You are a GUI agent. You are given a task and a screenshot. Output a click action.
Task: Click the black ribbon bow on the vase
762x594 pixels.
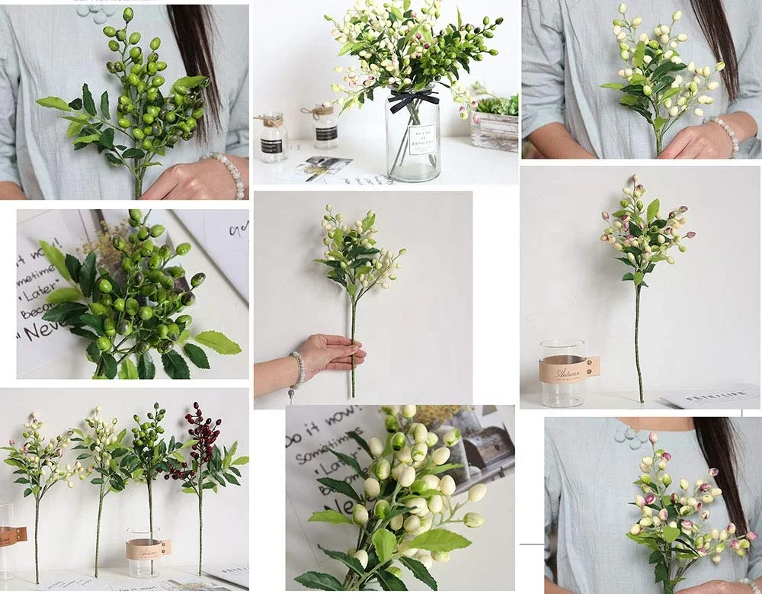click(414, 98)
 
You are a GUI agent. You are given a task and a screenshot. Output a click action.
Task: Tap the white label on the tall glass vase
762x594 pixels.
click(421, 140)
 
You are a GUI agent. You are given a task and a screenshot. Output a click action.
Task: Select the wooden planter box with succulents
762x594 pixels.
click(495, 130)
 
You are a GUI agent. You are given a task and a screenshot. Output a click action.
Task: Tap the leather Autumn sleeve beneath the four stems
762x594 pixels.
click(148, 549)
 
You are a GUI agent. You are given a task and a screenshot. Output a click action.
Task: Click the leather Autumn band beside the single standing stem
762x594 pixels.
click(568, 369)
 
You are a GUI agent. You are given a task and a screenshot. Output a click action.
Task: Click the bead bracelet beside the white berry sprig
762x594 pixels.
click(725, 130)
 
